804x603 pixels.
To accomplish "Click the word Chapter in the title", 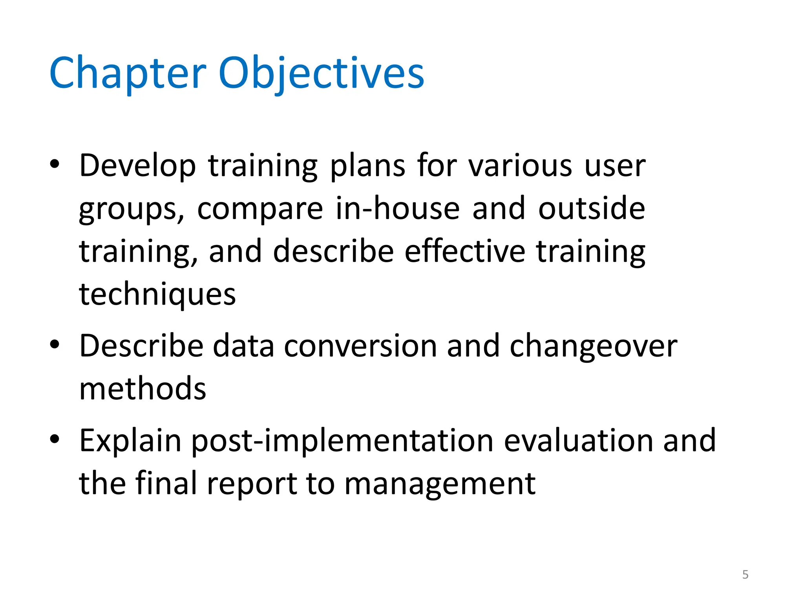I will point(128,73).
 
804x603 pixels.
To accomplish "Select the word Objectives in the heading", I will point(321,73).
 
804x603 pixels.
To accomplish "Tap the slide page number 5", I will point(745,574).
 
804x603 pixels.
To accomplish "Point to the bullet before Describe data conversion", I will point(55,344).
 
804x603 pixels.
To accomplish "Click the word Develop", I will point(137,166).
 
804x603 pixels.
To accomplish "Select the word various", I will point(520,166).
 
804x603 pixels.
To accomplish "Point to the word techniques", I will point(157,294).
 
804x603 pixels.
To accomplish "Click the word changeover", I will point(593,347).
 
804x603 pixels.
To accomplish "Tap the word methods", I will point(143,389).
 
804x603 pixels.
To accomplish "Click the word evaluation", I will point(578,440).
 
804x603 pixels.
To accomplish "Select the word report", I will point(252,484).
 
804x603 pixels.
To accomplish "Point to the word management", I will point(440,484).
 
